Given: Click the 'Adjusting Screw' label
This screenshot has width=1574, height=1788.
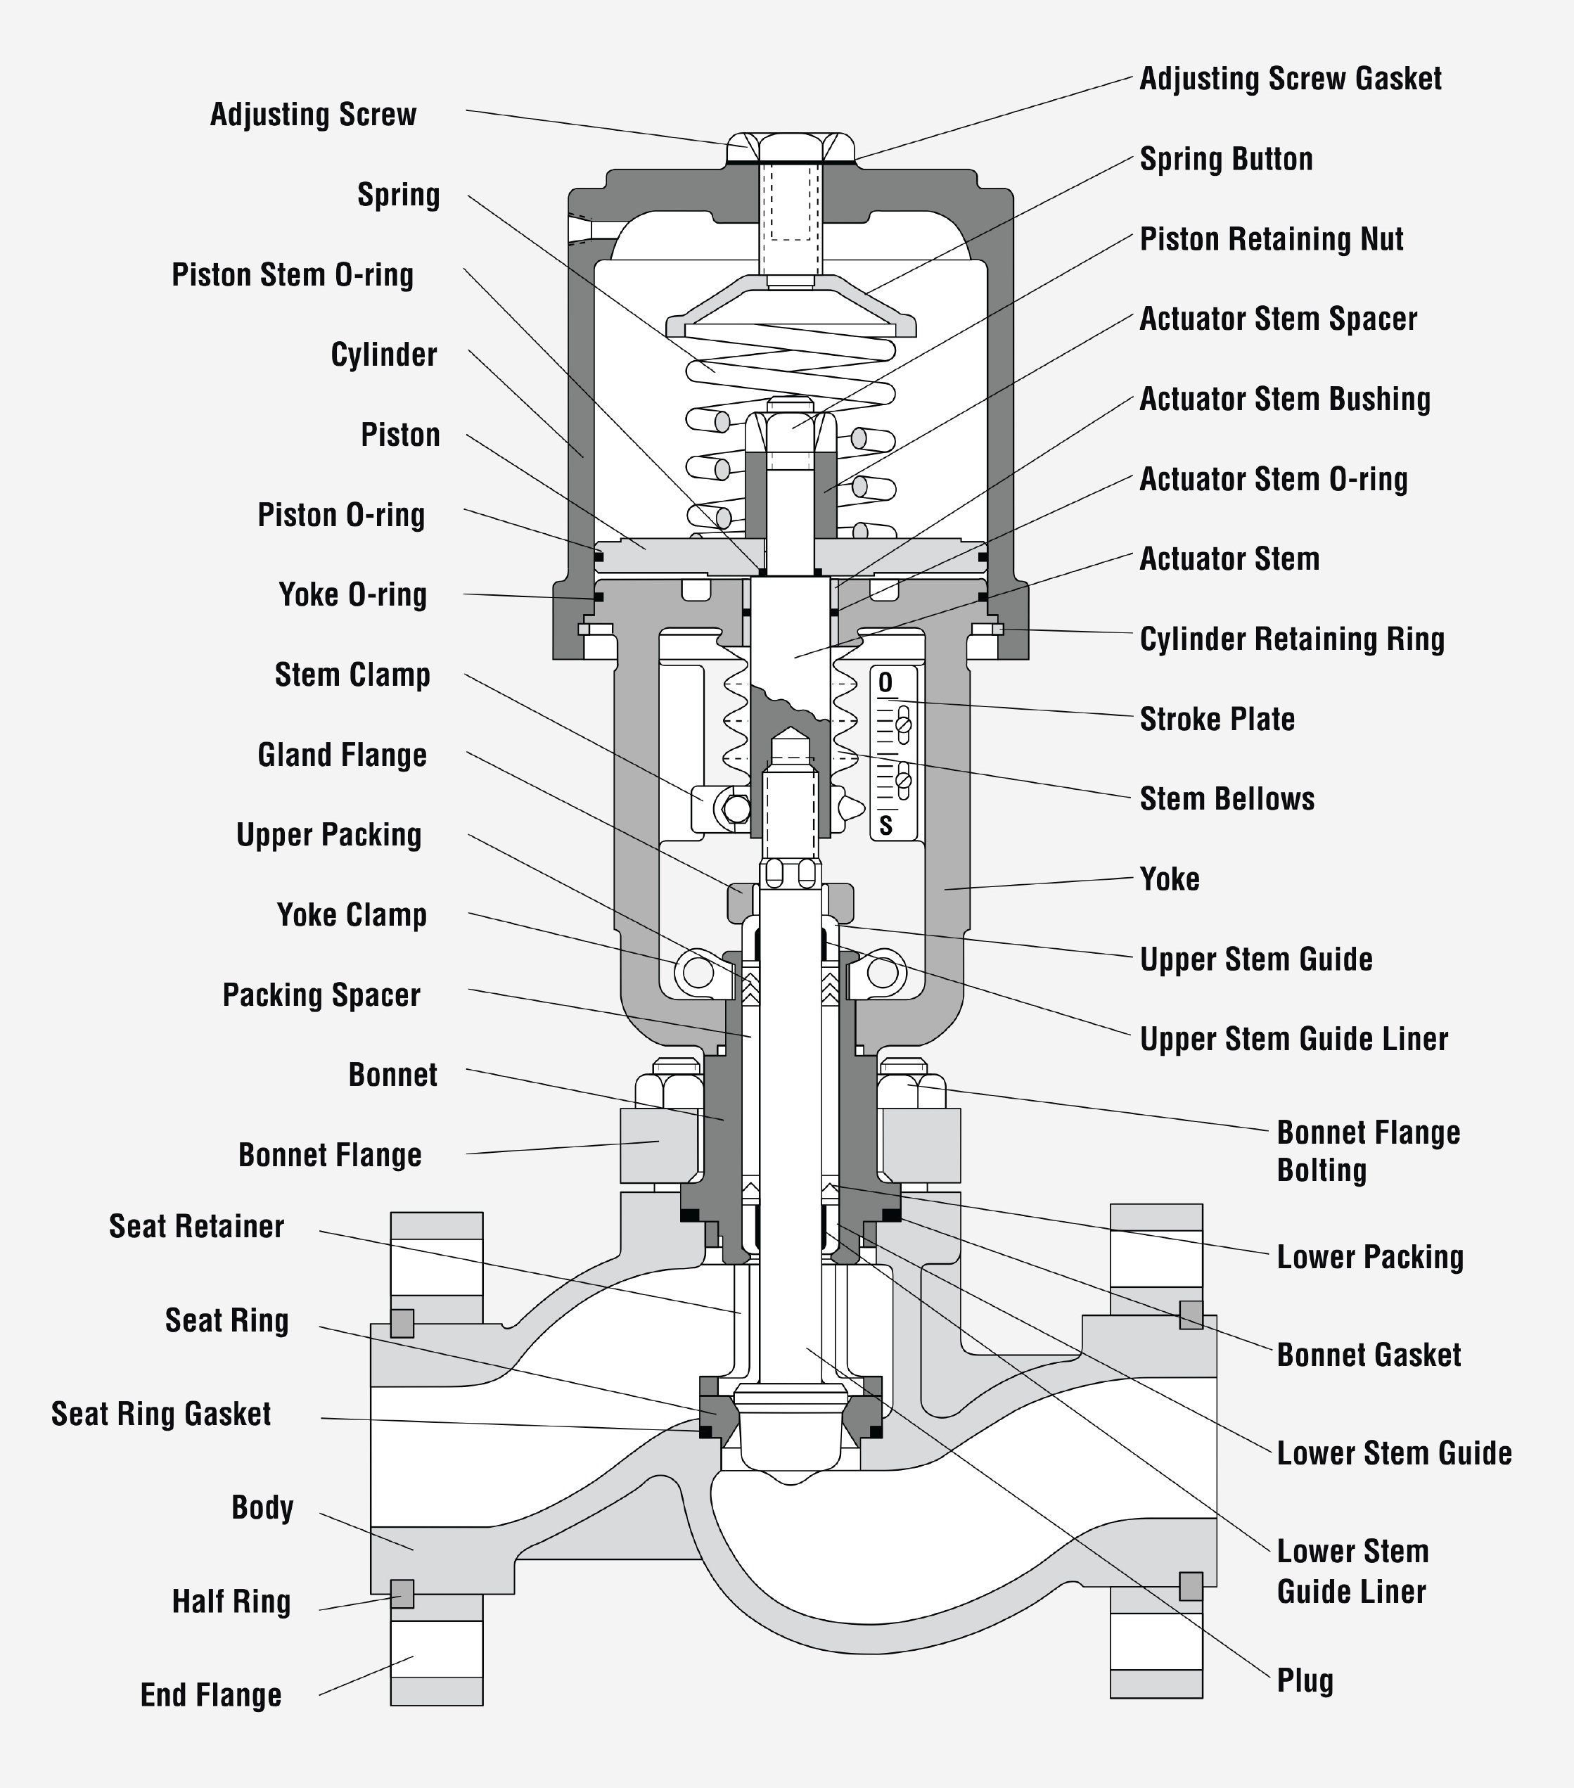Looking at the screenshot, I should pos(313,115).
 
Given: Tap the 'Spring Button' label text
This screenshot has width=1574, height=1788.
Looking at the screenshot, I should pos(1225,159).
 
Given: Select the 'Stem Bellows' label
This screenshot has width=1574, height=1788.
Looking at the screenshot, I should pos(1226,798).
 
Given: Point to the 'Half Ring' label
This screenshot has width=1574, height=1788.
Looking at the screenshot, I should pos(231,1602).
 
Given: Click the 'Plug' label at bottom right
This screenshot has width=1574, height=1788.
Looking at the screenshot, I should pos(1304,1680).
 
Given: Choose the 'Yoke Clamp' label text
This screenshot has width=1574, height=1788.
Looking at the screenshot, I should pos(352,915).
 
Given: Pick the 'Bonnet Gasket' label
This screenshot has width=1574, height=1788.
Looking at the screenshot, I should pos(1368,1355).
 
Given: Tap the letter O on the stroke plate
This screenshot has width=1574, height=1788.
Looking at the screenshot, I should pos(885,683).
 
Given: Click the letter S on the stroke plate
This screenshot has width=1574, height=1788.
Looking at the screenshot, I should pos(885,825).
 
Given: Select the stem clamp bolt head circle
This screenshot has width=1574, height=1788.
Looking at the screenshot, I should pos(736,809).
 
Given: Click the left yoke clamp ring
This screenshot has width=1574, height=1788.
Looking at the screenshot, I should pos(698,972).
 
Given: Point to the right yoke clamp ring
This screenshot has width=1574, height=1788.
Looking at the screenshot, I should pos(883,972).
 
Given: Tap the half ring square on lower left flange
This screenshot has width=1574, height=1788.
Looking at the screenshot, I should pos(402,1594).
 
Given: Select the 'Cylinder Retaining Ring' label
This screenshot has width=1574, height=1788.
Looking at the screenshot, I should pos(1291,639).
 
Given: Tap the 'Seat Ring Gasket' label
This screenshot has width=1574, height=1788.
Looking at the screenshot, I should pos(161,1414).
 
